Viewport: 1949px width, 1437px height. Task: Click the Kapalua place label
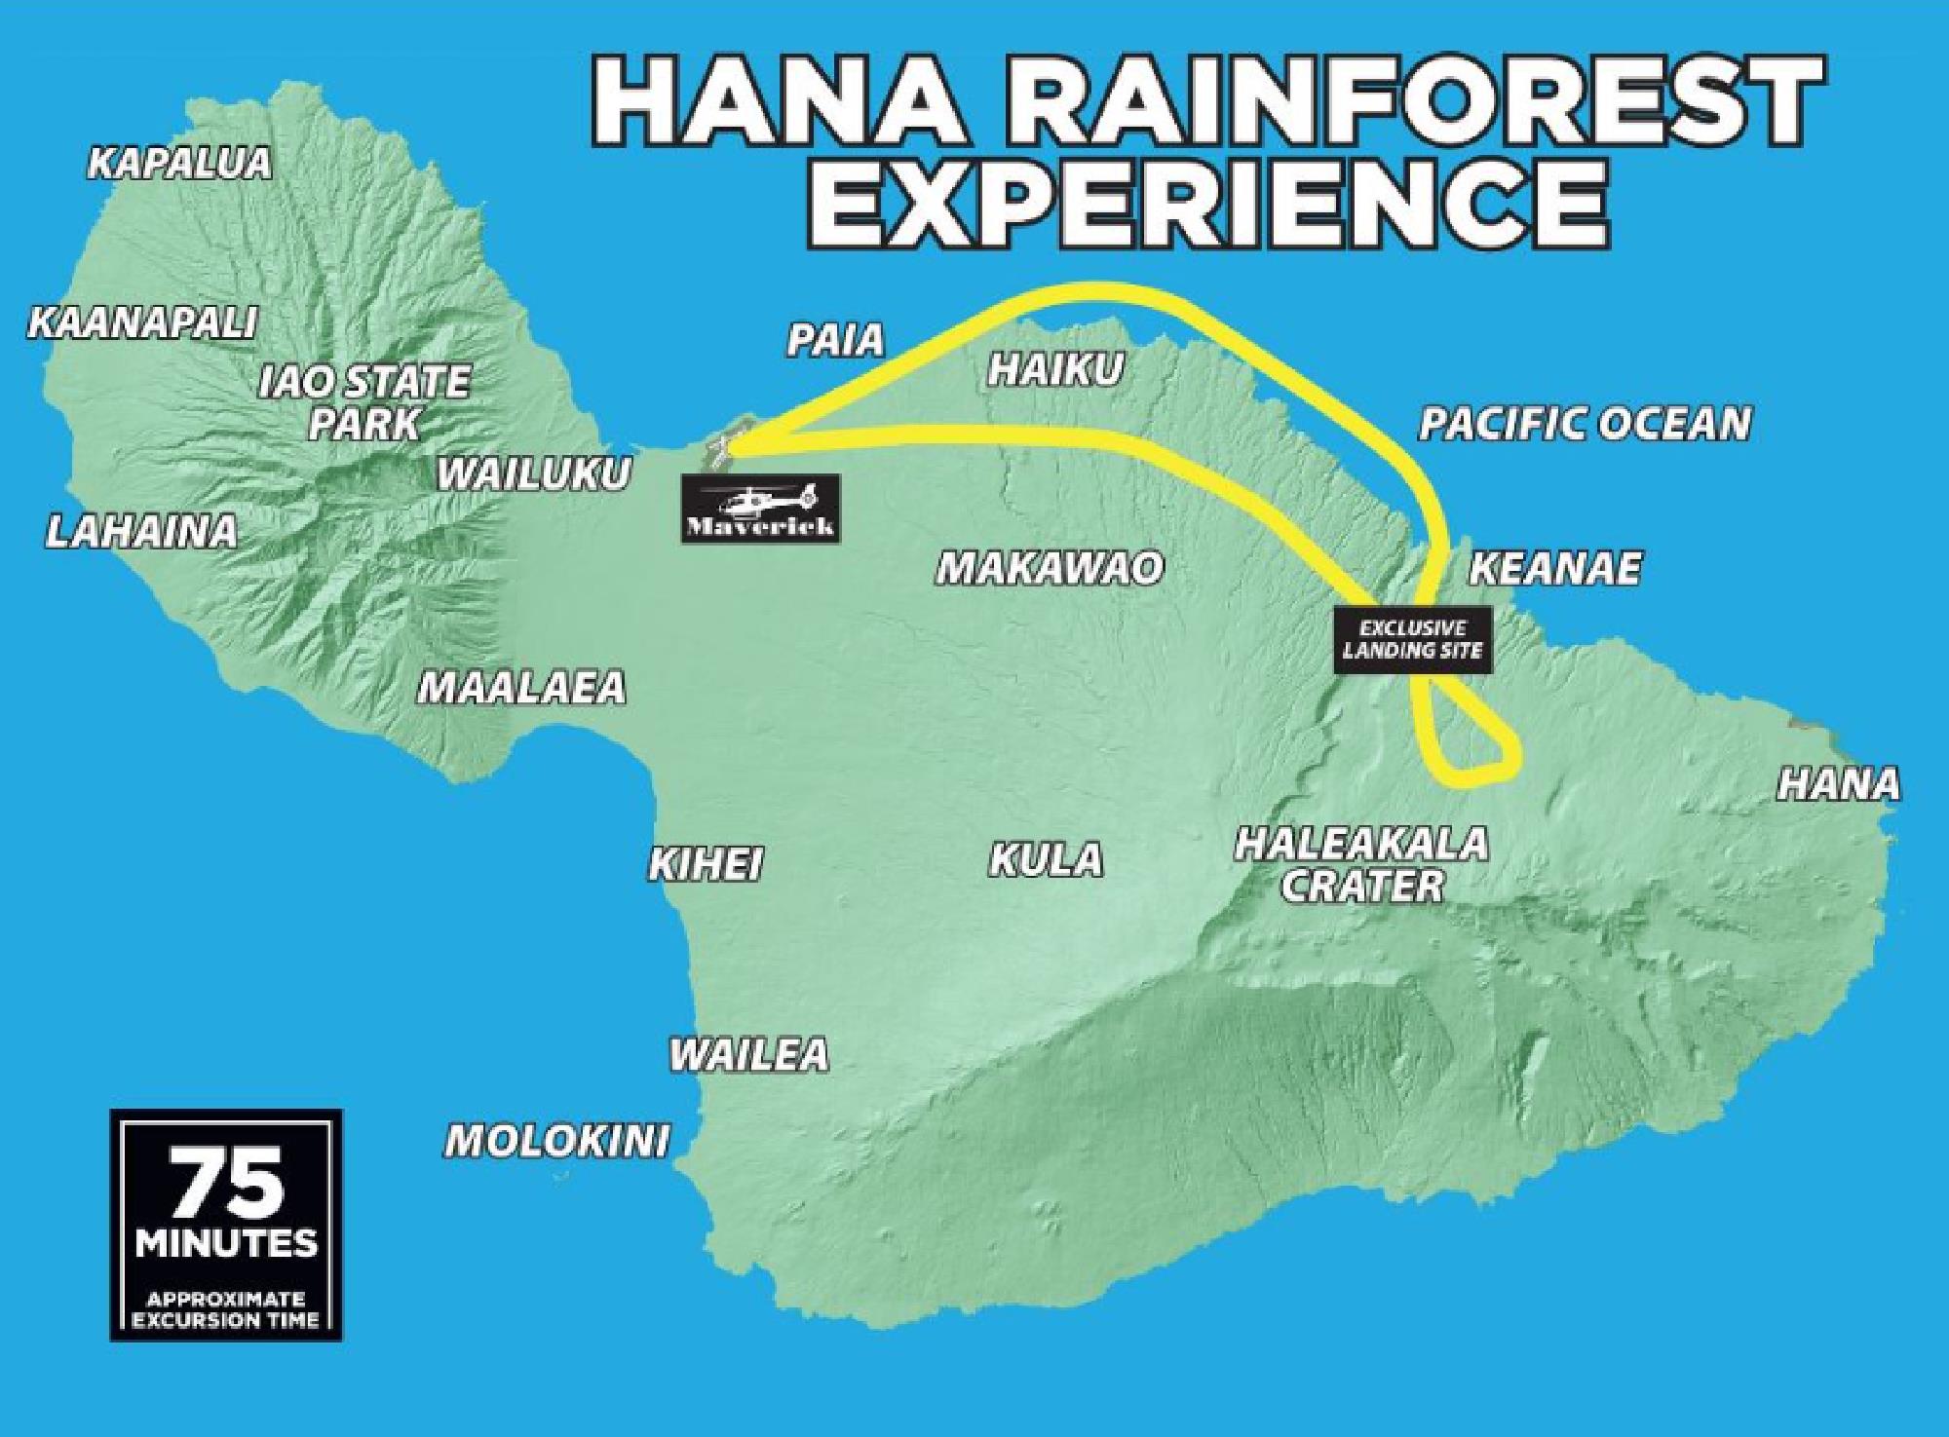(x=179, y=164)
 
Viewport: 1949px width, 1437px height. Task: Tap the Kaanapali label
(x=142, y=322)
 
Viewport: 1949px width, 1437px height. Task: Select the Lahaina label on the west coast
(x=142, y=532)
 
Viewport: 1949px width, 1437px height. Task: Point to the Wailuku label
(x=533, y=474)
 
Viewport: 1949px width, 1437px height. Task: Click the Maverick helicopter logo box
(x=759, y=508)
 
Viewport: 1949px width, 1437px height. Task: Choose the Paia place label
(x=835, y=340)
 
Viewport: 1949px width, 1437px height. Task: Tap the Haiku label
(x=1055, y=370)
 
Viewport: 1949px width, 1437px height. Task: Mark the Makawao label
(x=1050, y=568)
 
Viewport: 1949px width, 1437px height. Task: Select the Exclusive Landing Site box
(x=1412, y=640)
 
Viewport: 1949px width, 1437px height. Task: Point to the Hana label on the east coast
(x=1839, y=784)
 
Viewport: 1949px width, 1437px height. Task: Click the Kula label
(x=1047, y=860)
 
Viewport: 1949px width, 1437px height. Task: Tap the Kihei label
(x=706, y=864)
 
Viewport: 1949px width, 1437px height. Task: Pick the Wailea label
(x=748, y=1055)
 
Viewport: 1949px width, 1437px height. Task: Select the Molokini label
(x=557, y=1140)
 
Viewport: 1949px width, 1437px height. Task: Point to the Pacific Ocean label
(x=1585, y=424)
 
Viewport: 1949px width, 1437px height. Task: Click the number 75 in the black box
(x=227, y=1185)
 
